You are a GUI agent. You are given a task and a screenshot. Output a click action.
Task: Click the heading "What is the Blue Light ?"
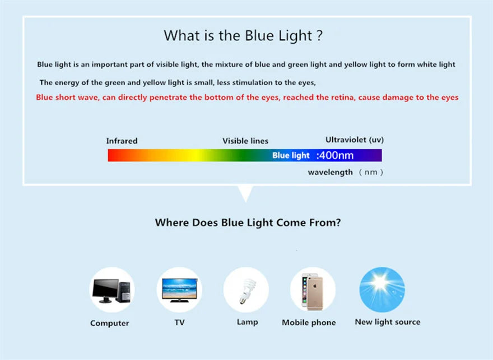pyautogui.click(x=243, y=36)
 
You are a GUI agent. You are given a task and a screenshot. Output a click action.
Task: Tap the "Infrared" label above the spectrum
pyautogui.click(x=122, y=141)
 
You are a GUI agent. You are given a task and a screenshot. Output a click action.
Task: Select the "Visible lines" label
pyautogui.click(x=245, y=141)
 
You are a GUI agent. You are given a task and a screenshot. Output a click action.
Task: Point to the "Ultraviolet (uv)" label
pyautogui.click(x=355, y=140)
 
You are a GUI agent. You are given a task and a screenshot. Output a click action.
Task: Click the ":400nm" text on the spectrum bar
pyautogui.click(x=335, y=155)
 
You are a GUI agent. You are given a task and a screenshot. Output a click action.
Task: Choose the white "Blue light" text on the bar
pyautogui.click(x=291, y=155)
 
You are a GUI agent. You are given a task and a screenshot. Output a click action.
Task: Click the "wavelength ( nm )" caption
pyautogui.click(x=345, y=172)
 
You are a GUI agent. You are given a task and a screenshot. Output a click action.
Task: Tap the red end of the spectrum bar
pyautogui.click(x=115, y=155)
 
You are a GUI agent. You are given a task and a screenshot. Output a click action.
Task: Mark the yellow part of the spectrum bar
pyautogui.click(x=193, y=155)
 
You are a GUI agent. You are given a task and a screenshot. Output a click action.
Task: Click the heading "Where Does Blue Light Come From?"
pyautogui.click(x=248, y=223)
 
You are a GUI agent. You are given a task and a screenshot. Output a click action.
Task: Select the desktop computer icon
pyautogui.click(x=112, y=290)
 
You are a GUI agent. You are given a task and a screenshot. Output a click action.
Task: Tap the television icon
pyautogui.click(x=179, y=290)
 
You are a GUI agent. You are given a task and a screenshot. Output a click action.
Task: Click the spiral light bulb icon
pyautogui.click(x=246, y=290)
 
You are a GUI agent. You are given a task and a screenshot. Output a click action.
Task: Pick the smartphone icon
pyautogui.click(x=312, y=290)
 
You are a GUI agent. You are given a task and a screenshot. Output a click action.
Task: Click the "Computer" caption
pyautogui.click(x=110, y=323)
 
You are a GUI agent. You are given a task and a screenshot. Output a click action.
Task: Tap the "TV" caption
pyautogui.click(x=179, y=322)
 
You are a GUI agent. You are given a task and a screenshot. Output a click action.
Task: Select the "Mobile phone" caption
pyautogui.click(x=309, y=322)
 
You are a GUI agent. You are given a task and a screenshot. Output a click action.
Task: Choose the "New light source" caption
pyautogui.click(x=387, y=322)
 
